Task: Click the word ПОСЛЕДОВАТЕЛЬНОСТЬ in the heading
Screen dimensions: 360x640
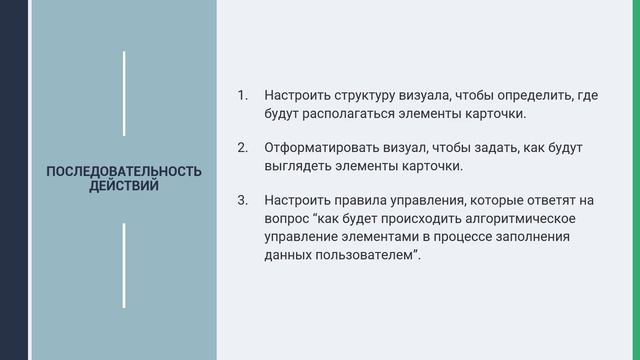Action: [124, 171]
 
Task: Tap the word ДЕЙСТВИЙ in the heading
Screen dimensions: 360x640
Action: [124, 185]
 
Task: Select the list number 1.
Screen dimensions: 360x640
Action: [241, 96]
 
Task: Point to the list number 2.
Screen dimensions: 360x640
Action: [241, 148]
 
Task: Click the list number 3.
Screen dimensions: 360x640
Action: [241, 200]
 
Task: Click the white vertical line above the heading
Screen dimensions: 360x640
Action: [124, 92]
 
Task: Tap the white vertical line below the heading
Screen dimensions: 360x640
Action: [124, 265]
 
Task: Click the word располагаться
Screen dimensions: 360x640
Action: [347, 114]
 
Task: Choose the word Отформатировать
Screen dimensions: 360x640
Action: [318, 148]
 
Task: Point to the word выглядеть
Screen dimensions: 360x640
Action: [300, 166]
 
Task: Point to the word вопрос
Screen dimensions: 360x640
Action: [288, 218]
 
